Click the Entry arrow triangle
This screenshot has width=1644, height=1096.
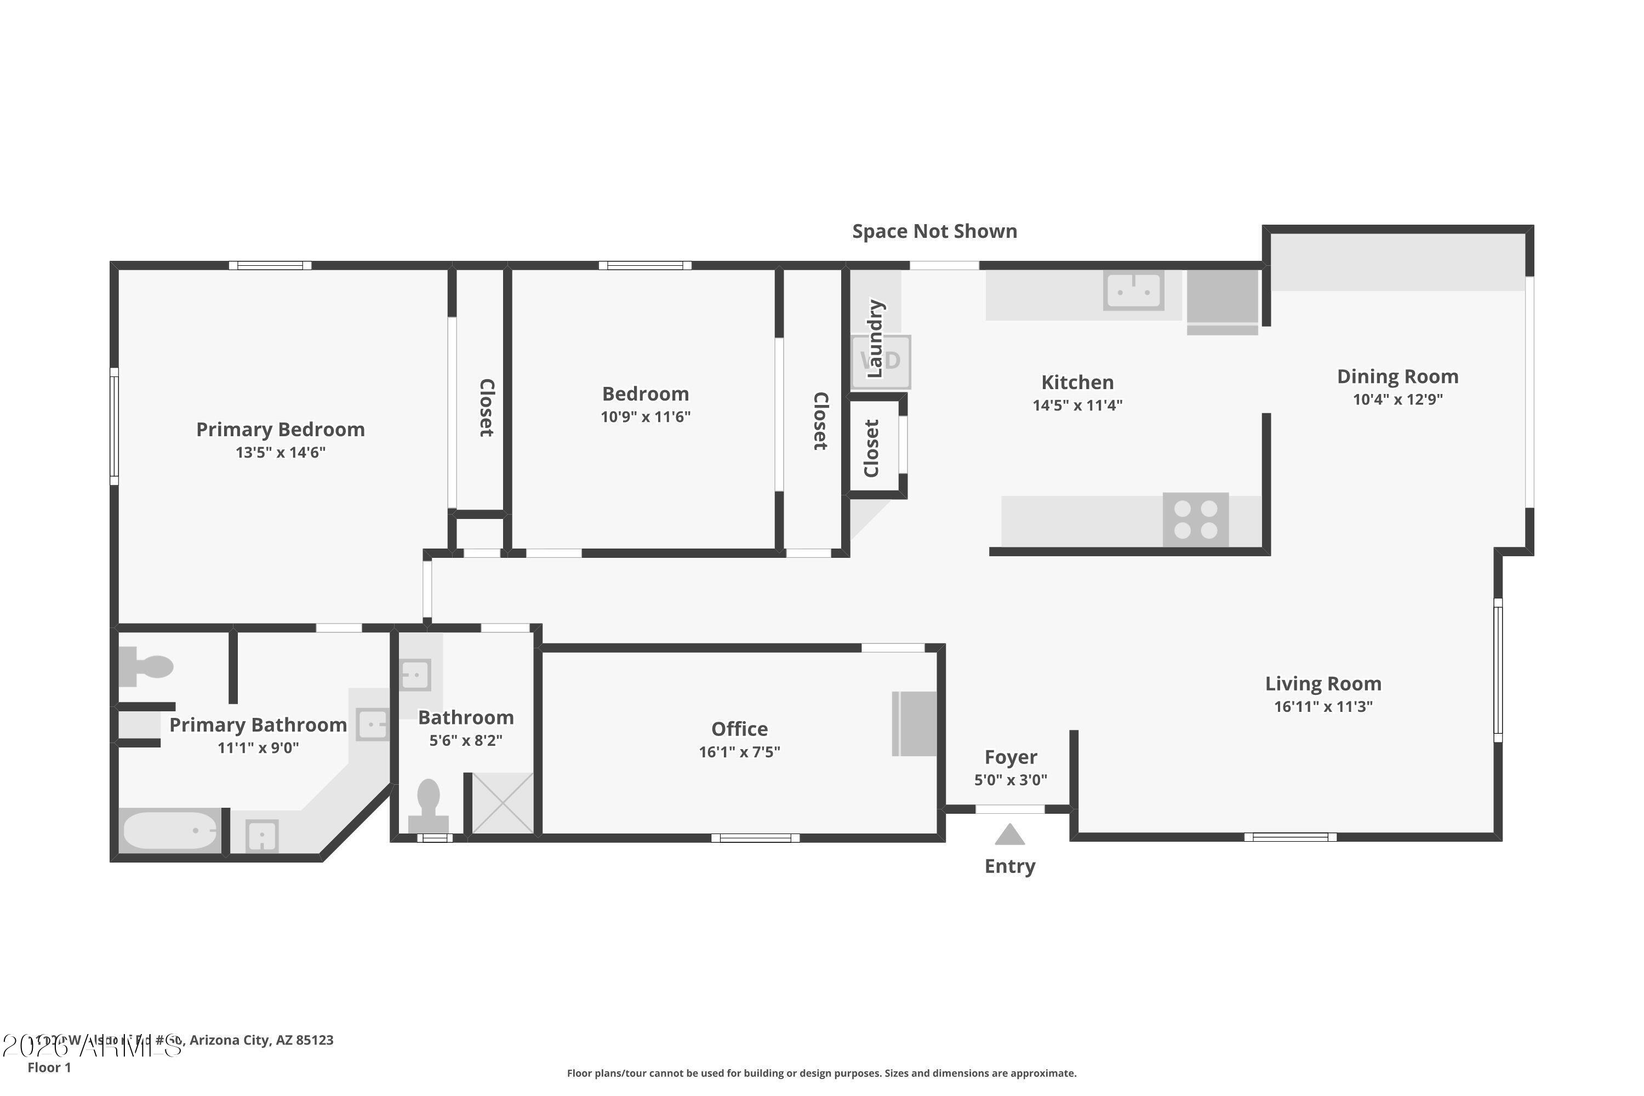[1009, 835]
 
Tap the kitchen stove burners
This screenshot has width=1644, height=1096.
[1195, 520]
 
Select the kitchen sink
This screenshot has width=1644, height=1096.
[1133, 290]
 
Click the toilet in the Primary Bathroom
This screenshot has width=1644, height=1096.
[145, 666]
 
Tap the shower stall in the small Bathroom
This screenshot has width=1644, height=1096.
[503, 803]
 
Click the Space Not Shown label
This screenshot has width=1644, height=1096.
[934, 231]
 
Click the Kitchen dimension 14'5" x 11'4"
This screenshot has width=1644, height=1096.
[1077, 406]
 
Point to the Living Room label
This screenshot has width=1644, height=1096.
[1322, 683]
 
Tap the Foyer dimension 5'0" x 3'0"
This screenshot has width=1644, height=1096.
[1010, 780]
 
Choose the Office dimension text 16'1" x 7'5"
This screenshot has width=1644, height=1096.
[739, 752]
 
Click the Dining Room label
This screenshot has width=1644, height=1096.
[1397, 377]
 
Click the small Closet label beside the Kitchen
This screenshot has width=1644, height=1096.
[871, 449]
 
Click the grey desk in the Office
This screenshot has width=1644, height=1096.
[914, 723]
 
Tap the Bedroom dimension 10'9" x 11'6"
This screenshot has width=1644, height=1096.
[645, 417]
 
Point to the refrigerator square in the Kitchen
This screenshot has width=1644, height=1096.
[1222, 297]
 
